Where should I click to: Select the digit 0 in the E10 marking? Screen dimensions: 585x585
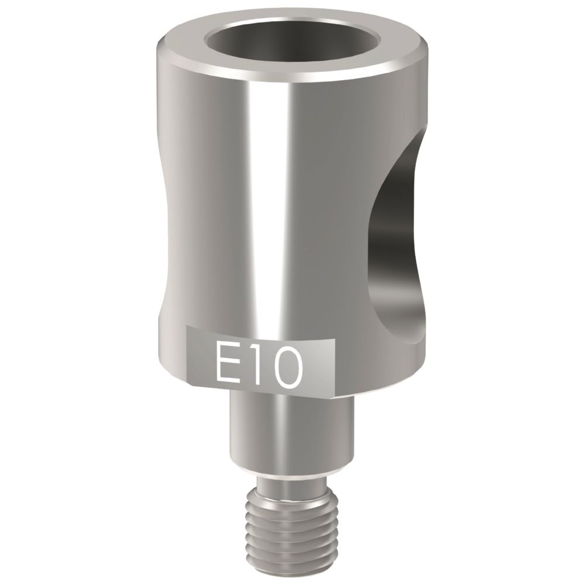tap(286, 364)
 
